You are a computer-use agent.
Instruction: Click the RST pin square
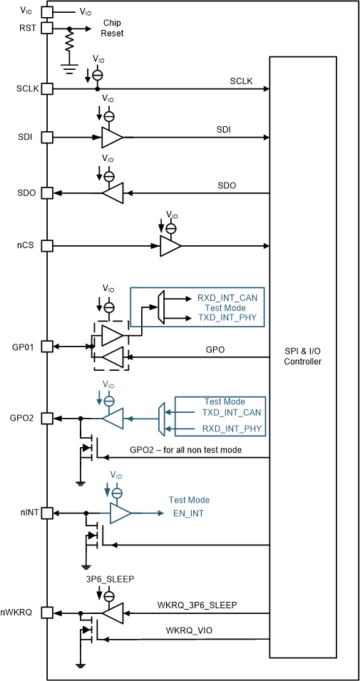coord(47,29)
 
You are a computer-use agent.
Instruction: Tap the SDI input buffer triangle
coord(112,137)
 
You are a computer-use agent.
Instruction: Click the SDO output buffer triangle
coord(113,193)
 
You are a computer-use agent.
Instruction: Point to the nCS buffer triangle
coord(170,246)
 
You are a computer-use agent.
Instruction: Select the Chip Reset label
coord(112,28)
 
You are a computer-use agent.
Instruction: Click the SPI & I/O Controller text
coord(303,357)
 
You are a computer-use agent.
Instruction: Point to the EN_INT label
coord(189,513)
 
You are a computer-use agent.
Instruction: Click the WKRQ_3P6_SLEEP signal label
coord(197,605)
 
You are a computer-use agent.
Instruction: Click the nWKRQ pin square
coord(47,612)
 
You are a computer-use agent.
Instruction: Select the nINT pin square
coord(47,513)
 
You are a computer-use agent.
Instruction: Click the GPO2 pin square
coord(47,418)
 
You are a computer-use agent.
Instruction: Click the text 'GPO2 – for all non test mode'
coord(185,450)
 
